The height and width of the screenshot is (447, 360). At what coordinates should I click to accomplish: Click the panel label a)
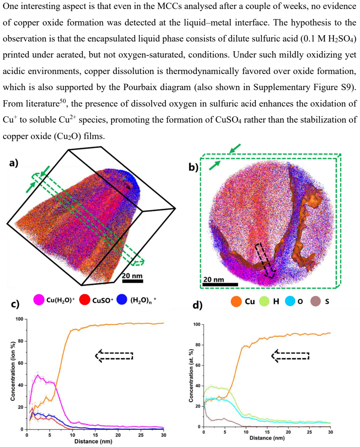(14, 163)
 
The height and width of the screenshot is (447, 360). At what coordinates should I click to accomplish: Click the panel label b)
(193, 167)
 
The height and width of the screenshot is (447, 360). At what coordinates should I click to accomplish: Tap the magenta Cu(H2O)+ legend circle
(39, 300)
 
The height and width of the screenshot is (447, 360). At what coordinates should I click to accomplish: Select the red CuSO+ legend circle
(84, 300)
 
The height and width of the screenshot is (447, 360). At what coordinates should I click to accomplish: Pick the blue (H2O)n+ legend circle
(122, 300)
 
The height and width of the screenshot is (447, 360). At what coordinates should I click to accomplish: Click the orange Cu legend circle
(236, 301)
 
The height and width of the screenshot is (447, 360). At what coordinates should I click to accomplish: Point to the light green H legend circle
(264, 301)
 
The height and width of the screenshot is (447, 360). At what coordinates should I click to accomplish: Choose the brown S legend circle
(315, 301)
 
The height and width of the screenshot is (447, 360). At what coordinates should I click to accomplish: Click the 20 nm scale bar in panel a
(132, 281)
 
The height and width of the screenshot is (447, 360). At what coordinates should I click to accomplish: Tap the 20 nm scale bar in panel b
(220, 284)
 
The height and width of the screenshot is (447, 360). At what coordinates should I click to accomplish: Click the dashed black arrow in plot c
(114, 356)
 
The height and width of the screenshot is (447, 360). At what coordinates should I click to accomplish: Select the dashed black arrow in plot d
(290, 356)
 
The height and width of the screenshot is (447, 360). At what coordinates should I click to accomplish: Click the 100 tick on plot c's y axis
(19, 319)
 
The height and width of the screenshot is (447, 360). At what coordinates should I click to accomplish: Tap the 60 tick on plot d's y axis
(197, 366)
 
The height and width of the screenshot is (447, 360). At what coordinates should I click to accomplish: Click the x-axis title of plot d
(267, 438)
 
